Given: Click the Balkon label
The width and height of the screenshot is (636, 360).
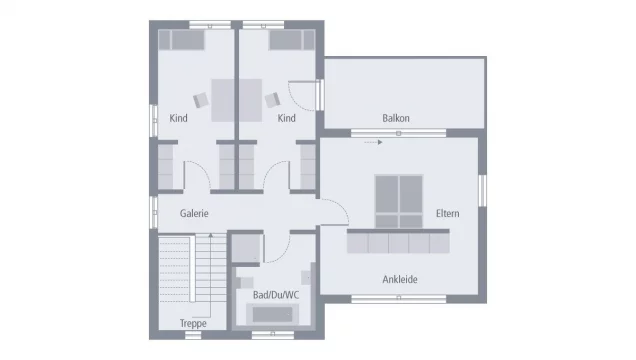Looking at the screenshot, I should click(x=396, y=118).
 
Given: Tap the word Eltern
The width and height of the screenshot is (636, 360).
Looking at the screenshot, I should click(x=447, y=213).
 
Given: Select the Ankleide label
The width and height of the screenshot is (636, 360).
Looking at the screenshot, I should click(x=400, y=279).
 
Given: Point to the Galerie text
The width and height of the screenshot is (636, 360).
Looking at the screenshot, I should click(x=194, y=213).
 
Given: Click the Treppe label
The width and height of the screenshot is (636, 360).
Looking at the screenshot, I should click(x=194, y=323).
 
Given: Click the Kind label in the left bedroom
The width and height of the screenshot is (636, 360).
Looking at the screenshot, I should click(x=179, y=118).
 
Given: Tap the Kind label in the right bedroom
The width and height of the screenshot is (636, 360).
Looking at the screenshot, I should click(x=287, y=118).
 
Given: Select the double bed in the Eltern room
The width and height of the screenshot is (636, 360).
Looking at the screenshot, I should click(x=399, y=200).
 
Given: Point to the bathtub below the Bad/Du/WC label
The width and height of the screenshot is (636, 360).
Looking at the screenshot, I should click(x=272, y=316).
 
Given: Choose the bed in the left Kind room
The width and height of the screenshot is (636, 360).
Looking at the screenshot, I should click(x=183, y=40).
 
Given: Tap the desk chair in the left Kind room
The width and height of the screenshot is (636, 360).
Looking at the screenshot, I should click(x=200, y=99).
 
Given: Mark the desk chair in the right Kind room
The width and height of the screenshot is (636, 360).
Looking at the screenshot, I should click(x=271, y=98).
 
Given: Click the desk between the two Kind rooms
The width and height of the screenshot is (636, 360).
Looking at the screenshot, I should click(x=236, y=99).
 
